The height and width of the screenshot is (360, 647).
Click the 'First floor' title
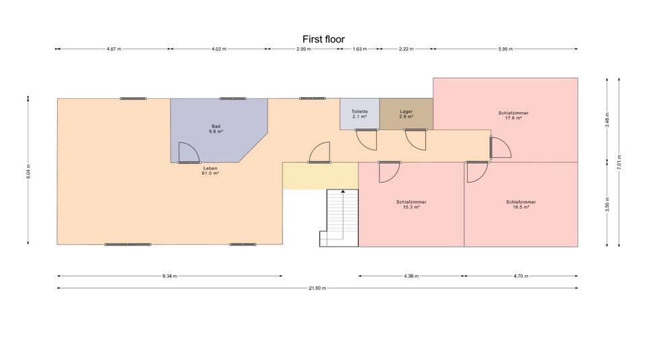323,39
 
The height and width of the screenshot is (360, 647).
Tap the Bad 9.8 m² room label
216,129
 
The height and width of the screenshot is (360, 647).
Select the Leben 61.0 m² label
210,171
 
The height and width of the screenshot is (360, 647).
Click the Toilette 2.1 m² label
359,114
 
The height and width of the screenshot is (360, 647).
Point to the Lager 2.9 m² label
406,114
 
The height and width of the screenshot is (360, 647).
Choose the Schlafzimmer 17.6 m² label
513,115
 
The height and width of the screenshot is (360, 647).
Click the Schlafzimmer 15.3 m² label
411,204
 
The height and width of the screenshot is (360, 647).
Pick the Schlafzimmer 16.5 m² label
521,204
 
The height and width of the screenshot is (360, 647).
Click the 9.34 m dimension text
170,276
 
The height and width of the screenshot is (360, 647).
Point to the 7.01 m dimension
619,162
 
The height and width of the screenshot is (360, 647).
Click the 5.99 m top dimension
505,49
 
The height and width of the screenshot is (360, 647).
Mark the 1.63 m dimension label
360,49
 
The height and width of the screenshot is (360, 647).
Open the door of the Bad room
189,154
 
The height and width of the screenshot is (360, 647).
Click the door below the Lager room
416,139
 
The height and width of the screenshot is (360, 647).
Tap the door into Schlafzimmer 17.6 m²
499,148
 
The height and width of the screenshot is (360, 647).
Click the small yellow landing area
319,175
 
